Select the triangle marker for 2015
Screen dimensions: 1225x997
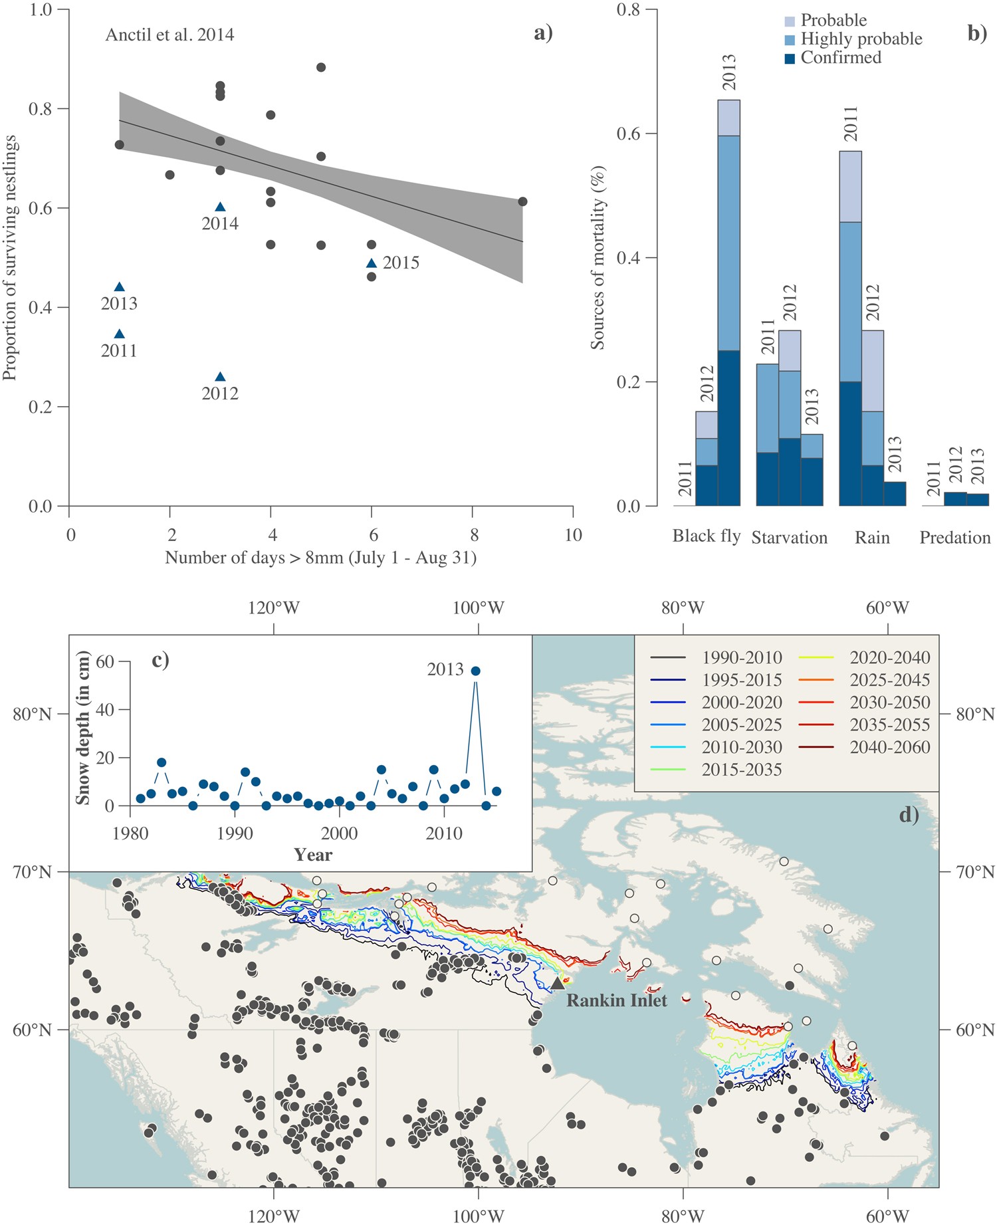click(372, 263)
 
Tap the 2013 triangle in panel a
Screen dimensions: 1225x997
click(120, 287)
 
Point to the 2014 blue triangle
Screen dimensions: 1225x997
click(220, 207)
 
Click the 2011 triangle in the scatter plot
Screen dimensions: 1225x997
click(120, 334)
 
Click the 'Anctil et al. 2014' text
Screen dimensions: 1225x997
click(169, 35)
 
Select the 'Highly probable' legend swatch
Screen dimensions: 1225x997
click(790, 40)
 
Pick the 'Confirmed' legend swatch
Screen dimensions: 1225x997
click(790, 58)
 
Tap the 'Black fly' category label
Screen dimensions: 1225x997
click(706, 536)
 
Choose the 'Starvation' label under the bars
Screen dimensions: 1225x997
click(789, 538)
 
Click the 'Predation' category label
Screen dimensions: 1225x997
click(954, 538)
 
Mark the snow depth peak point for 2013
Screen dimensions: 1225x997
click(475, 671)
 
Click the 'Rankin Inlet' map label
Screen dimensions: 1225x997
click(616, 1000)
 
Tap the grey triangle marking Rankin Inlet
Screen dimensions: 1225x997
click(558, 983)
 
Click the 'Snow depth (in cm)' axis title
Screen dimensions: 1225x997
click(83, 733)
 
